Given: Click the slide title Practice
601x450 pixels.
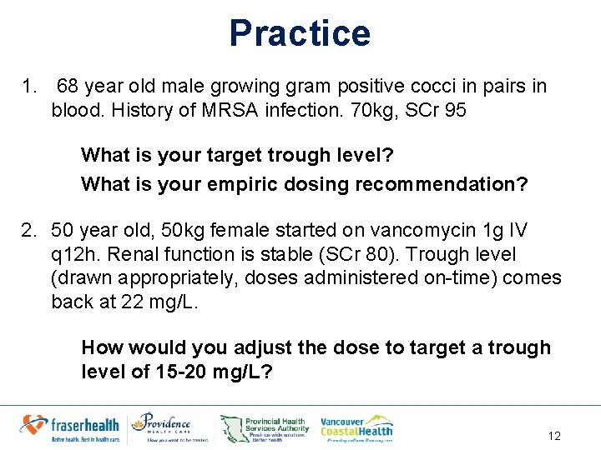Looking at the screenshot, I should (300, 33).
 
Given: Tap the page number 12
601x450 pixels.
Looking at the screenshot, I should (554, 435).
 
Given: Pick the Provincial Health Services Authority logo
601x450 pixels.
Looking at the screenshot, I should (265, 427).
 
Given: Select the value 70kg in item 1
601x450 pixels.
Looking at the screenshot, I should (364, 110).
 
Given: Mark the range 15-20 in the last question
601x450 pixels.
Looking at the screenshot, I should (184, 372).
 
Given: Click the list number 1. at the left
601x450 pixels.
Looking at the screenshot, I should (30, 86).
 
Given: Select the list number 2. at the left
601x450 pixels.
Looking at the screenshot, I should (30, 230).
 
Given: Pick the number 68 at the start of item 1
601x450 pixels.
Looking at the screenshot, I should (69, 86).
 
